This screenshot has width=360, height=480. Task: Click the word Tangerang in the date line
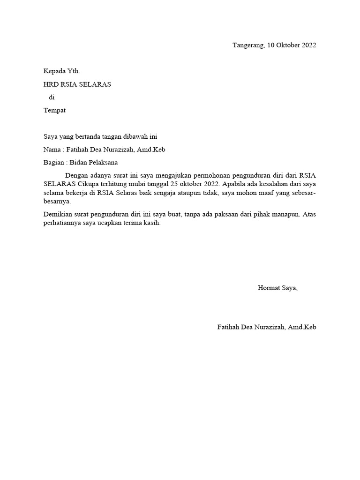click(248, 45)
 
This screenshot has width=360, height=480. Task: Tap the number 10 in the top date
click(271, 45)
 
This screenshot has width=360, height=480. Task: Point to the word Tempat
click(54, 111)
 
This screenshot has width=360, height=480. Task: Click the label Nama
click(52, 150)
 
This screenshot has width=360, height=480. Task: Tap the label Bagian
click(53, 163)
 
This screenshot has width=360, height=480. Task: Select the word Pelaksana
click(103, 163)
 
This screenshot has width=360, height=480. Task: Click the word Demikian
click(57, 214)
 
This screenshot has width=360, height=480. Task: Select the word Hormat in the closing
click(269, 288)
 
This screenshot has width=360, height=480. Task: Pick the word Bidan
click(79, 163)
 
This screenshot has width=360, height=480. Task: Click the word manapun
click(283, 214)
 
